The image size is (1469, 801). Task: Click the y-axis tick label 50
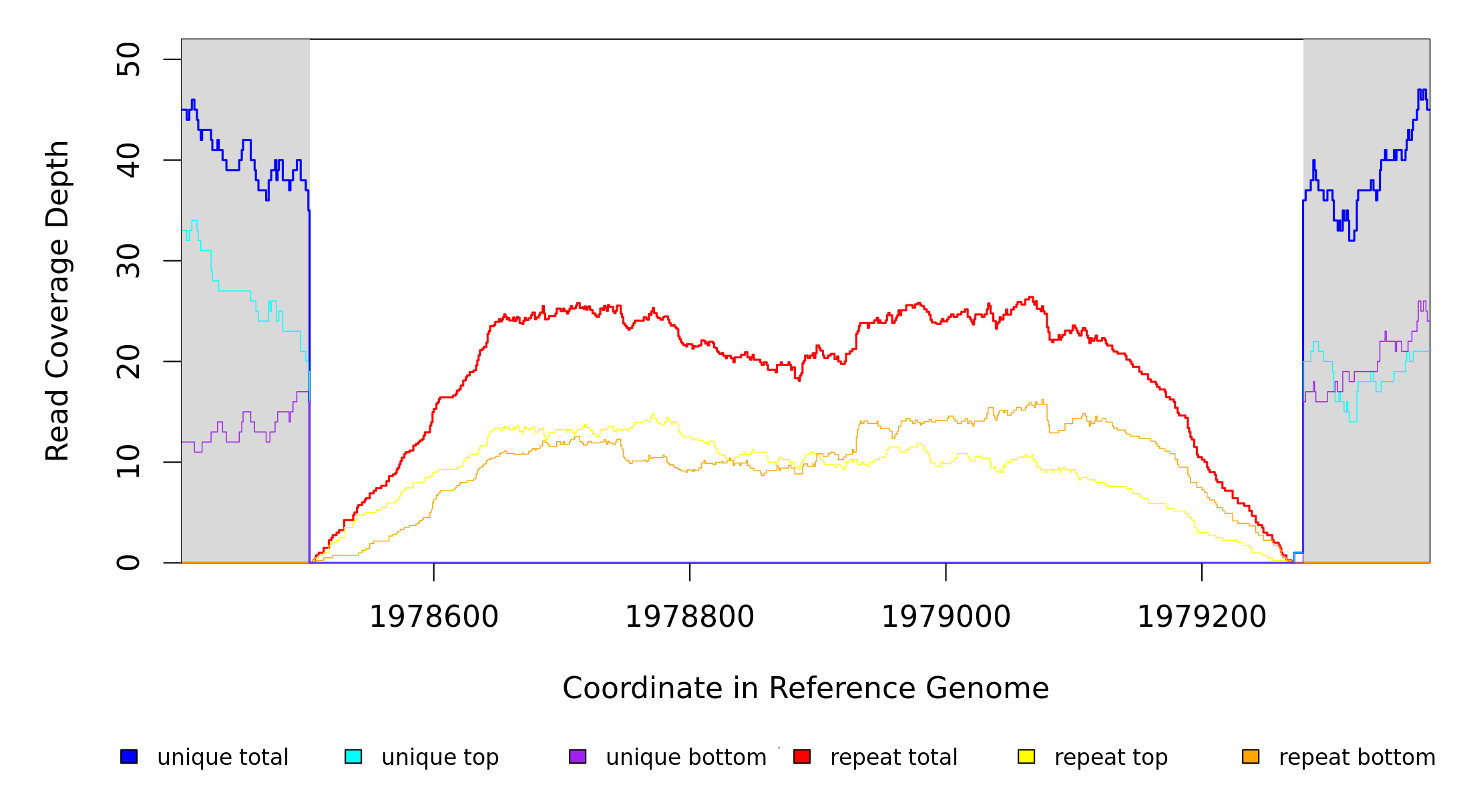128,59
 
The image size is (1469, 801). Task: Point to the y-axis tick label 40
128,160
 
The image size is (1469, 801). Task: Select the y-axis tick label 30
128,261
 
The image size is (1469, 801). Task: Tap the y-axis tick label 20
128,362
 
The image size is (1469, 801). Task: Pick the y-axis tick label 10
128,462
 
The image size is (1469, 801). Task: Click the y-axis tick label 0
128,563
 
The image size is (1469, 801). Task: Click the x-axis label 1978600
434,617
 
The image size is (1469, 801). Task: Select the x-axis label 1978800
690,617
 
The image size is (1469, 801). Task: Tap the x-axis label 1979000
946,617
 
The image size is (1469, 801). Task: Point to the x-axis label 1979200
1202,617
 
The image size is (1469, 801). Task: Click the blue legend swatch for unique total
129,756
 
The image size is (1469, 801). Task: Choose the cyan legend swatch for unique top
353,756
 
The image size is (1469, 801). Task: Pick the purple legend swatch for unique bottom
578,756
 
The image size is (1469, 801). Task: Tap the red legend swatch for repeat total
802,756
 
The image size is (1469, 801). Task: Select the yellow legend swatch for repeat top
1026,756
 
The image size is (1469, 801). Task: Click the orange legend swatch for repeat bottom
1251,756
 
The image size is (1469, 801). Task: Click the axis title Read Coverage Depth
57,300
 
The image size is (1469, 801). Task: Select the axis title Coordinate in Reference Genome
805,688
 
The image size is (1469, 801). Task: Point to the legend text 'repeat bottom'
1357,758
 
